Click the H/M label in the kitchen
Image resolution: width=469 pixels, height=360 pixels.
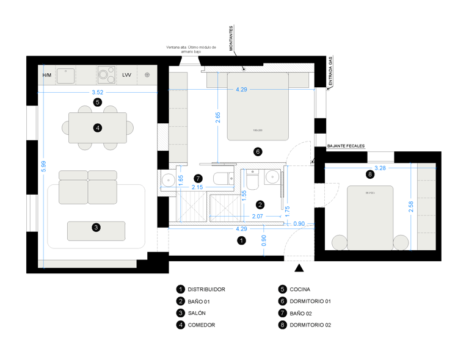[47, 76]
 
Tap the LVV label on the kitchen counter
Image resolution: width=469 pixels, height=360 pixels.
[126, 75]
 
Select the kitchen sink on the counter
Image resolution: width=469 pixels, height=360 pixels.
[65, 76]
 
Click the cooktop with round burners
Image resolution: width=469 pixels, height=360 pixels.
[106, 75]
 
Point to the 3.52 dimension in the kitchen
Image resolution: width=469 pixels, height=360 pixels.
[97, 92]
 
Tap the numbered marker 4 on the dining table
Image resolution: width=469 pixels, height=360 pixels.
[97, 128]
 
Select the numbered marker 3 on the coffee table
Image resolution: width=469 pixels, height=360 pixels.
[96, 228]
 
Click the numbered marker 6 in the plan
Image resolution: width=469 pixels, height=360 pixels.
[258, 151]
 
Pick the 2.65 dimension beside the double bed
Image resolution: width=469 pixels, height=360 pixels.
[218, 117]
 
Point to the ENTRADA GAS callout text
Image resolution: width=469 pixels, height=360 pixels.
[330, 71]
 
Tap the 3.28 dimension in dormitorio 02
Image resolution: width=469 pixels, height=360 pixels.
[380, 168]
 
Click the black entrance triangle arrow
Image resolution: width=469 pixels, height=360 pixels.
[299, 268]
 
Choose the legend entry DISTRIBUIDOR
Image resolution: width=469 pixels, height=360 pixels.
[206, 289]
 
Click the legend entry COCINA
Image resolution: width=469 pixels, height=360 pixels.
[300, 289]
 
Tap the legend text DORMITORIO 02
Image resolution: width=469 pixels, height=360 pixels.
[310, 325]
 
